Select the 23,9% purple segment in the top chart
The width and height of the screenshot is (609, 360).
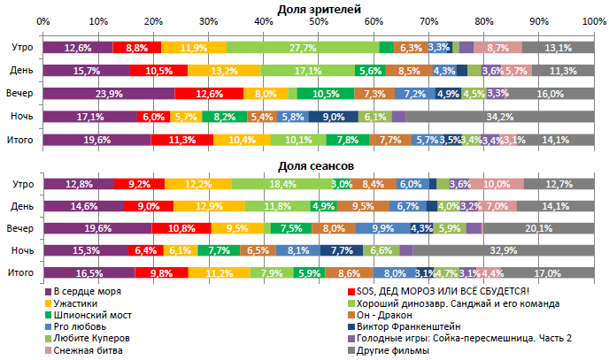pyautogui.click(x=108, y=93)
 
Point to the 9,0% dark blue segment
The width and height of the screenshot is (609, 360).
pyautogui.click(x=334, y=116)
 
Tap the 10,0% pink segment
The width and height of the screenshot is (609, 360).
pyautogui.click(x=497, y=183)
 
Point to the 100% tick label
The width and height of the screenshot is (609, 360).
pyautogui.click(x=594, y=20)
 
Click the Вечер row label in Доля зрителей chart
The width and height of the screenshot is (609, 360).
pyautogui.click(x=22, y=93)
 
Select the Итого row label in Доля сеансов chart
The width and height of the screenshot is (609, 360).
pyautogui.click(x=22, y=273)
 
